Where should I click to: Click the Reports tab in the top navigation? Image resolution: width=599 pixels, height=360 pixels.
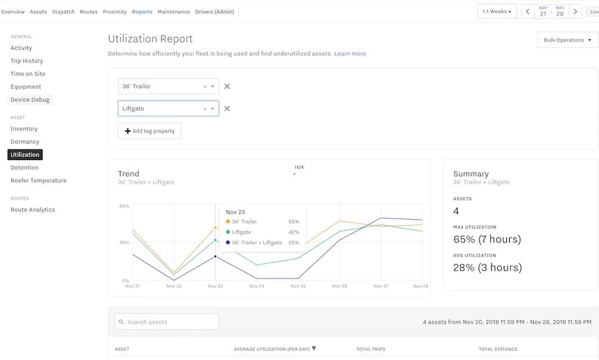(x=142, y=12)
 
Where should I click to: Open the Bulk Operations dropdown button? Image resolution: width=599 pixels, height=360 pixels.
(x=567, y=40)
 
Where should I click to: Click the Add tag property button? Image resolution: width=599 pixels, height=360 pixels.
(x=150, y=131)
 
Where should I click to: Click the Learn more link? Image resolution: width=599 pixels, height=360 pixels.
(x=350, y=54)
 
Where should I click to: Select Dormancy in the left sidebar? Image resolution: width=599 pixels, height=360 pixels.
(x=25, y=142)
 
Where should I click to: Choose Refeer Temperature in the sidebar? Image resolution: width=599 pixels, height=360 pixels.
(x=38, y=181)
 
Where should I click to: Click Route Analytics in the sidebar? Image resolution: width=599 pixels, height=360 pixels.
(x=32, y=210)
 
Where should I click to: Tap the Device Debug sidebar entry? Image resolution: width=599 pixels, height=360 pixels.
(x=30, y=100)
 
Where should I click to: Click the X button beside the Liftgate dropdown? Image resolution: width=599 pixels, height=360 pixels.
(x=227, y=109)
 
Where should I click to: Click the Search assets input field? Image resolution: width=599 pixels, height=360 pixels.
(x=167, y=322)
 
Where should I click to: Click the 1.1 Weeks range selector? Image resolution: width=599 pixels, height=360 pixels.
(x=497, y=12)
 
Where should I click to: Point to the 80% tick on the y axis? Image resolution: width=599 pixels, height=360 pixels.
(x=125, y=206)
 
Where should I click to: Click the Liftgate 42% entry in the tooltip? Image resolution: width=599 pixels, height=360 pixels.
(x=262, y=232)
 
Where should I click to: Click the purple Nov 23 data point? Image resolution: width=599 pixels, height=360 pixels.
(x=216, y=256)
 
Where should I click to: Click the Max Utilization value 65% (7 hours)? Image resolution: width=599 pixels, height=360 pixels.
(x=487, y=240)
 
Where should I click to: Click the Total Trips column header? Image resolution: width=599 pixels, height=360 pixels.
(x=371, y=349)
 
